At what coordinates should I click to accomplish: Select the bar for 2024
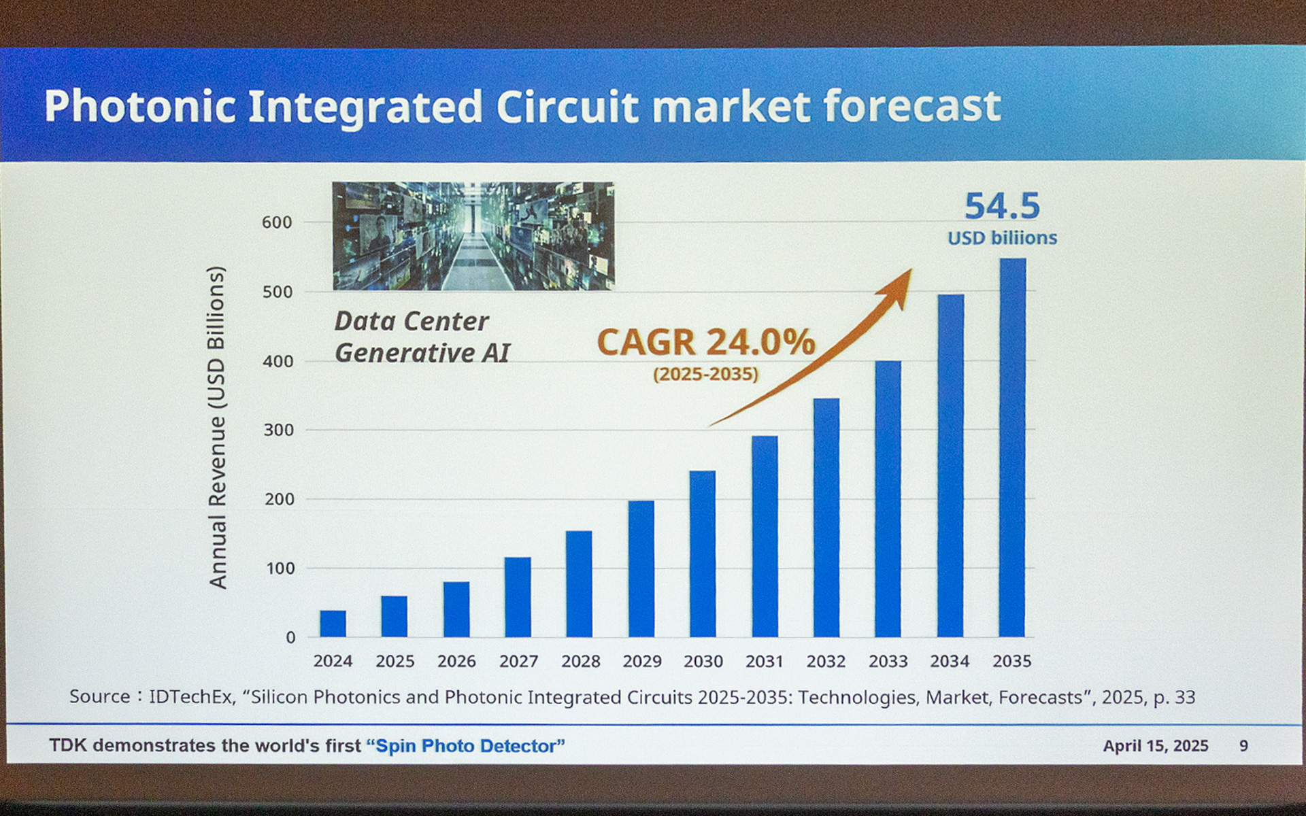point(333,624)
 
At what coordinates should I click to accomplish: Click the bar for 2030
point(703,554)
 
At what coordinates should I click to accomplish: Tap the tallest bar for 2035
point(1012,447)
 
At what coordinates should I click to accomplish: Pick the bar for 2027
point(518,597)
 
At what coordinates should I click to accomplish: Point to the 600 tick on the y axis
point(277,222)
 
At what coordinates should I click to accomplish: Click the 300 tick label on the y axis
point(278,430)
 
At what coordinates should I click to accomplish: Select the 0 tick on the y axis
point(290,638)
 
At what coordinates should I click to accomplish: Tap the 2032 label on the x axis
point(826,661)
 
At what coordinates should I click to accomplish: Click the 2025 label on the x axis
point(395,661)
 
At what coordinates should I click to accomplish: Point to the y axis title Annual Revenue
point(216,427)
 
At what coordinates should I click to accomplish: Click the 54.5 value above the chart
point(1002,206)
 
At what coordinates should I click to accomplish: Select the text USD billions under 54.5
point(1002,238)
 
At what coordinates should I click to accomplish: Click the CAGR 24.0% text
point(705,342)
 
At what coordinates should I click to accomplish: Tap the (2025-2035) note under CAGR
point(705,374)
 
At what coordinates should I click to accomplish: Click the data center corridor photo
point(473,236)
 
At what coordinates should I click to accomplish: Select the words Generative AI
point(422,353)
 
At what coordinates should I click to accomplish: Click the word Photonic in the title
point(140,107)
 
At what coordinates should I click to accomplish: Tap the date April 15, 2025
point(1155,746)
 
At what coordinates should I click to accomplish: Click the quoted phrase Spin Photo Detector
point(466,746)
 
